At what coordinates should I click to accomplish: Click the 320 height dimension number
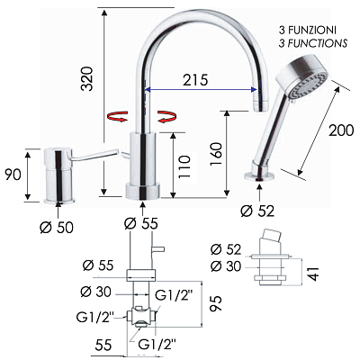(87, 78)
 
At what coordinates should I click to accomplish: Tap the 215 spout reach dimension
(195, 80)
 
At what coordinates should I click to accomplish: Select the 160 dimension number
(216, 154)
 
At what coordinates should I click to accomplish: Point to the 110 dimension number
(184, 166)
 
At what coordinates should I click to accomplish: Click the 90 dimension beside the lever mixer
(13, 175)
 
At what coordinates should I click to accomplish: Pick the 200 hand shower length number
(341, 130)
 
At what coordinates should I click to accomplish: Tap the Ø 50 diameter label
(57, 228)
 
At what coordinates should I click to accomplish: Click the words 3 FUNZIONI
(308, 30)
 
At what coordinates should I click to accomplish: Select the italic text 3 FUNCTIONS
(313, 43)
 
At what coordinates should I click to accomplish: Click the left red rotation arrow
(118, 116)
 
